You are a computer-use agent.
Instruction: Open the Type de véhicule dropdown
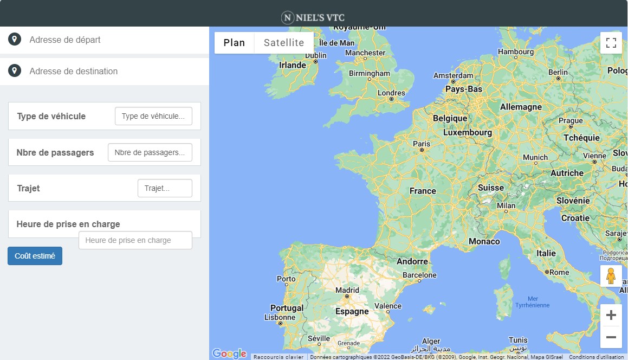[153, 116]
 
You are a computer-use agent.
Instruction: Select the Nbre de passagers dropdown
[150, 152]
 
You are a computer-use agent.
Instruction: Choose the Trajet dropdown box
[165, 188]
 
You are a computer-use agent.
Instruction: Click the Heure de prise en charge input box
[135, 240]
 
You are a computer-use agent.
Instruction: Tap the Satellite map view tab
[284, 43]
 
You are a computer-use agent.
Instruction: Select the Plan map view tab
[234, 43]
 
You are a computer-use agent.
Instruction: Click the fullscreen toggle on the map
[611, 43]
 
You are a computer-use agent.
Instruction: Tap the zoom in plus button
[611, 315]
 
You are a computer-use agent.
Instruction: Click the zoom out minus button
[611, 337]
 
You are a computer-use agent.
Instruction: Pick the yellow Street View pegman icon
[611, 276]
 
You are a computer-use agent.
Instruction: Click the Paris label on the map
[422, 144]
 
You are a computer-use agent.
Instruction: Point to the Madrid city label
[347, 290]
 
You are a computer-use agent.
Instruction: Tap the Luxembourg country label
[468, 132]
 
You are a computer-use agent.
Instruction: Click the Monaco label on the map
[484, 241]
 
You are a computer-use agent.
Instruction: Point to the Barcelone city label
[419, 275]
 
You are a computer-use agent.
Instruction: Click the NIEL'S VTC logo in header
[314, 18]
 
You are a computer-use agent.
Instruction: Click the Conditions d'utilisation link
[596, 357]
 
